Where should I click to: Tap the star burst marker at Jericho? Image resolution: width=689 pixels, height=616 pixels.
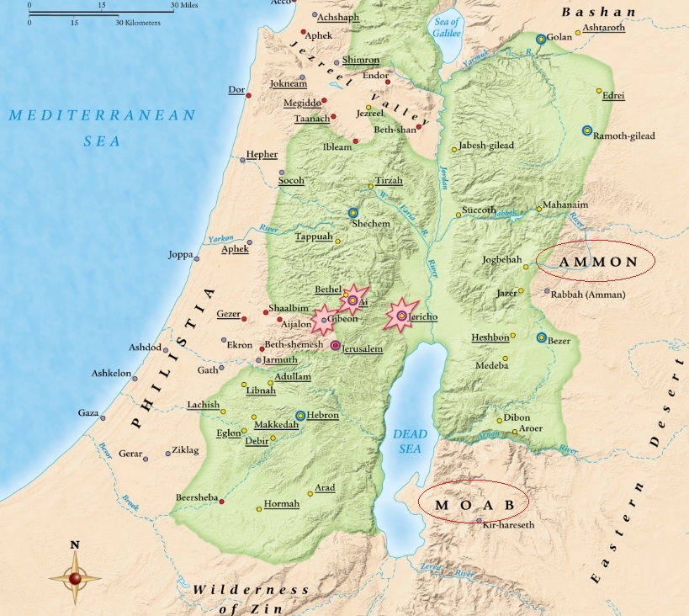(x=401, y=316)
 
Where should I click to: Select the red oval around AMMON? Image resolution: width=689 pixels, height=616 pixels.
(x=597, y=262)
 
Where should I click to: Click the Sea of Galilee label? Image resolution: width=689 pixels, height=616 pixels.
(x=446, y=27)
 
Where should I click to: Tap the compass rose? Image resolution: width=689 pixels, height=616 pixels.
(x=75, y=576)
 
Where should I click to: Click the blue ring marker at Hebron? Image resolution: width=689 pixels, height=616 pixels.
(x=300, y=416)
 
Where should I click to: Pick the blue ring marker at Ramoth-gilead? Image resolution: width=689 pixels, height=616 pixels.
(x=587, y=130)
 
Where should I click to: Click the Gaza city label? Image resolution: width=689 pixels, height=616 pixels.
(x=88, y=412)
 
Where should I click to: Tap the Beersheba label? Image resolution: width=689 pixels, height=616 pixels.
(x=196, y=497)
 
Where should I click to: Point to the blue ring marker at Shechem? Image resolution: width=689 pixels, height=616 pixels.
(x=354, y=213)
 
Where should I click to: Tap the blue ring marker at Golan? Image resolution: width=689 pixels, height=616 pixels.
(x=541, y=39)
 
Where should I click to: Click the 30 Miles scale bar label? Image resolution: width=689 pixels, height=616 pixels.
(x=184, y=5)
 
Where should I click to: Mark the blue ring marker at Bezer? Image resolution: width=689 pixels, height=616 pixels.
(x=542, y=337)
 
